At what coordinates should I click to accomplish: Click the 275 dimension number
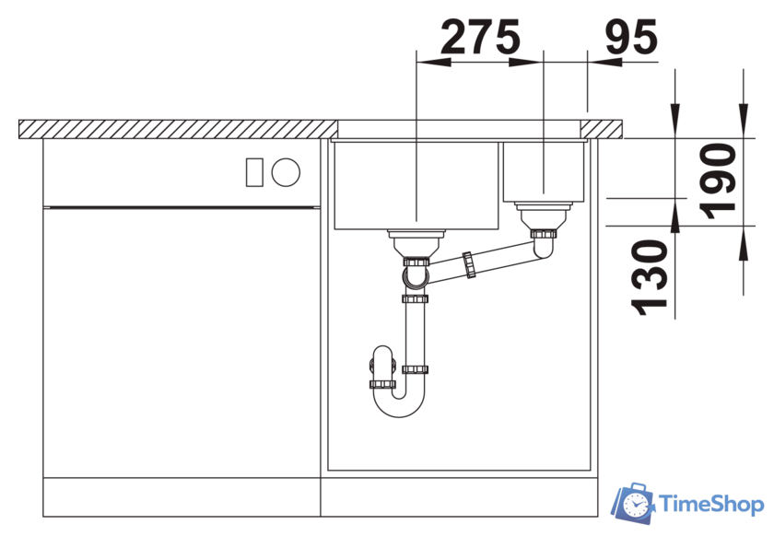480,37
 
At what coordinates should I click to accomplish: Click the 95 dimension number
631,37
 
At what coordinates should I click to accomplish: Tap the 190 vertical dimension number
718,181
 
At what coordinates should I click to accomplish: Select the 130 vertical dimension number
650,277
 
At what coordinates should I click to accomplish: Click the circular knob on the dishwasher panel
286,172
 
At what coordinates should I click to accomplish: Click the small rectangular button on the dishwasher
254,172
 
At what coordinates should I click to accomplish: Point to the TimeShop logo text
710,505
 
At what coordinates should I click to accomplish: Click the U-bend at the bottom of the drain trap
399,402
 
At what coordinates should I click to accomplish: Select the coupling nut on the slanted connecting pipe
469,265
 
